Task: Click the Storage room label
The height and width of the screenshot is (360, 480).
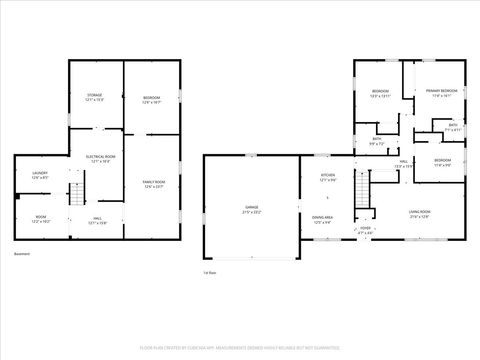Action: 95,94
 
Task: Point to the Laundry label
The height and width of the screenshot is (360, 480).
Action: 40,173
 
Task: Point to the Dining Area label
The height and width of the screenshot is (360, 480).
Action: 322,217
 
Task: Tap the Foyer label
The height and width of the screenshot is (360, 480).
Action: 366,228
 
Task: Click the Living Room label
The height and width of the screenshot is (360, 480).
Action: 419,211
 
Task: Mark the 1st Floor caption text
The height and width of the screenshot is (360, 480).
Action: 210,271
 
